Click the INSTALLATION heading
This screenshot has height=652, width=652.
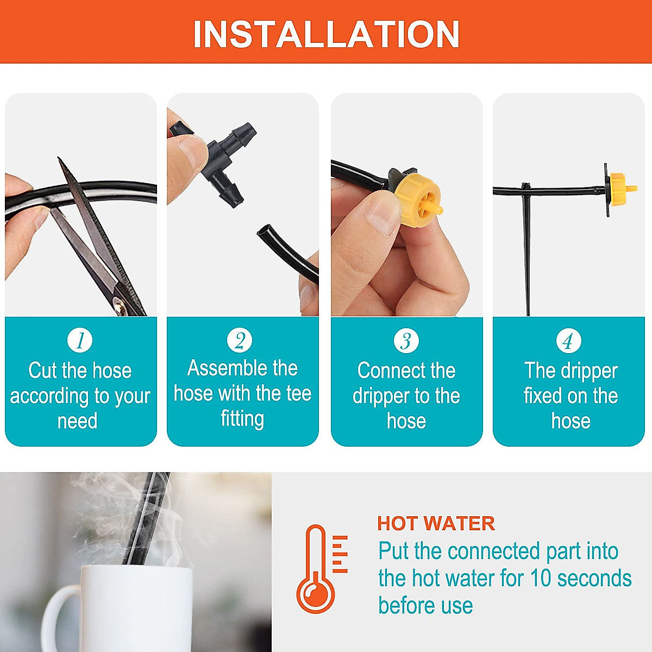pos(326,34)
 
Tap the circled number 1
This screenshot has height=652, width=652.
pos(80,341)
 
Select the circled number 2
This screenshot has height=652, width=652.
pos(240,341)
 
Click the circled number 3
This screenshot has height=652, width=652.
pos(406,341)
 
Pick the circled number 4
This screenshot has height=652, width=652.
pos(568,341)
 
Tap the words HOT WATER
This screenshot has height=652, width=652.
pos(436,524)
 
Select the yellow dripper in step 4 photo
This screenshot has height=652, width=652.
pos(619,189)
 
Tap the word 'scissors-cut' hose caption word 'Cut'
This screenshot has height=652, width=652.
pos(42,371)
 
